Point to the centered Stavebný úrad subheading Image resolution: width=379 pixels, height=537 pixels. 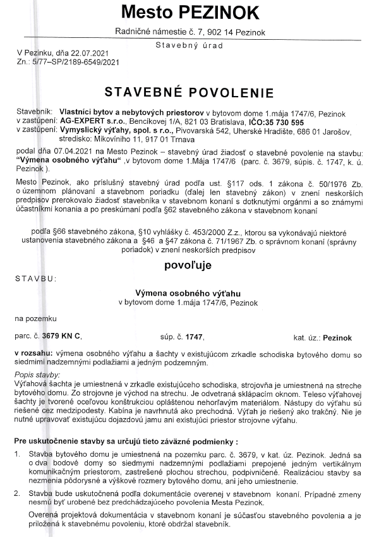coord(189,45)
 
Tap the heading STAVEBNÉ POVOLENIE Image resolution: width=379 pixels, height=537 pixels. coord(189,92)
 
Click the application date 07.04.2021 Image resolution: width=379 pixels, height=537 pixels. coord(63,154)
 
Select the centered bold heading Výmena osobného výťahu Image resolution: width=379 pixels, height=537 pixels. coord(189,293)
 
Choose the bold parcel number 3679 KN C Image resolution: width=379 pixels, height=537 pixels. coord(62,337)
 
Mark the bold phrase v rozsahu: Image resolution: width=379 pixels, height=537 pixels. coord(35,351)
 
